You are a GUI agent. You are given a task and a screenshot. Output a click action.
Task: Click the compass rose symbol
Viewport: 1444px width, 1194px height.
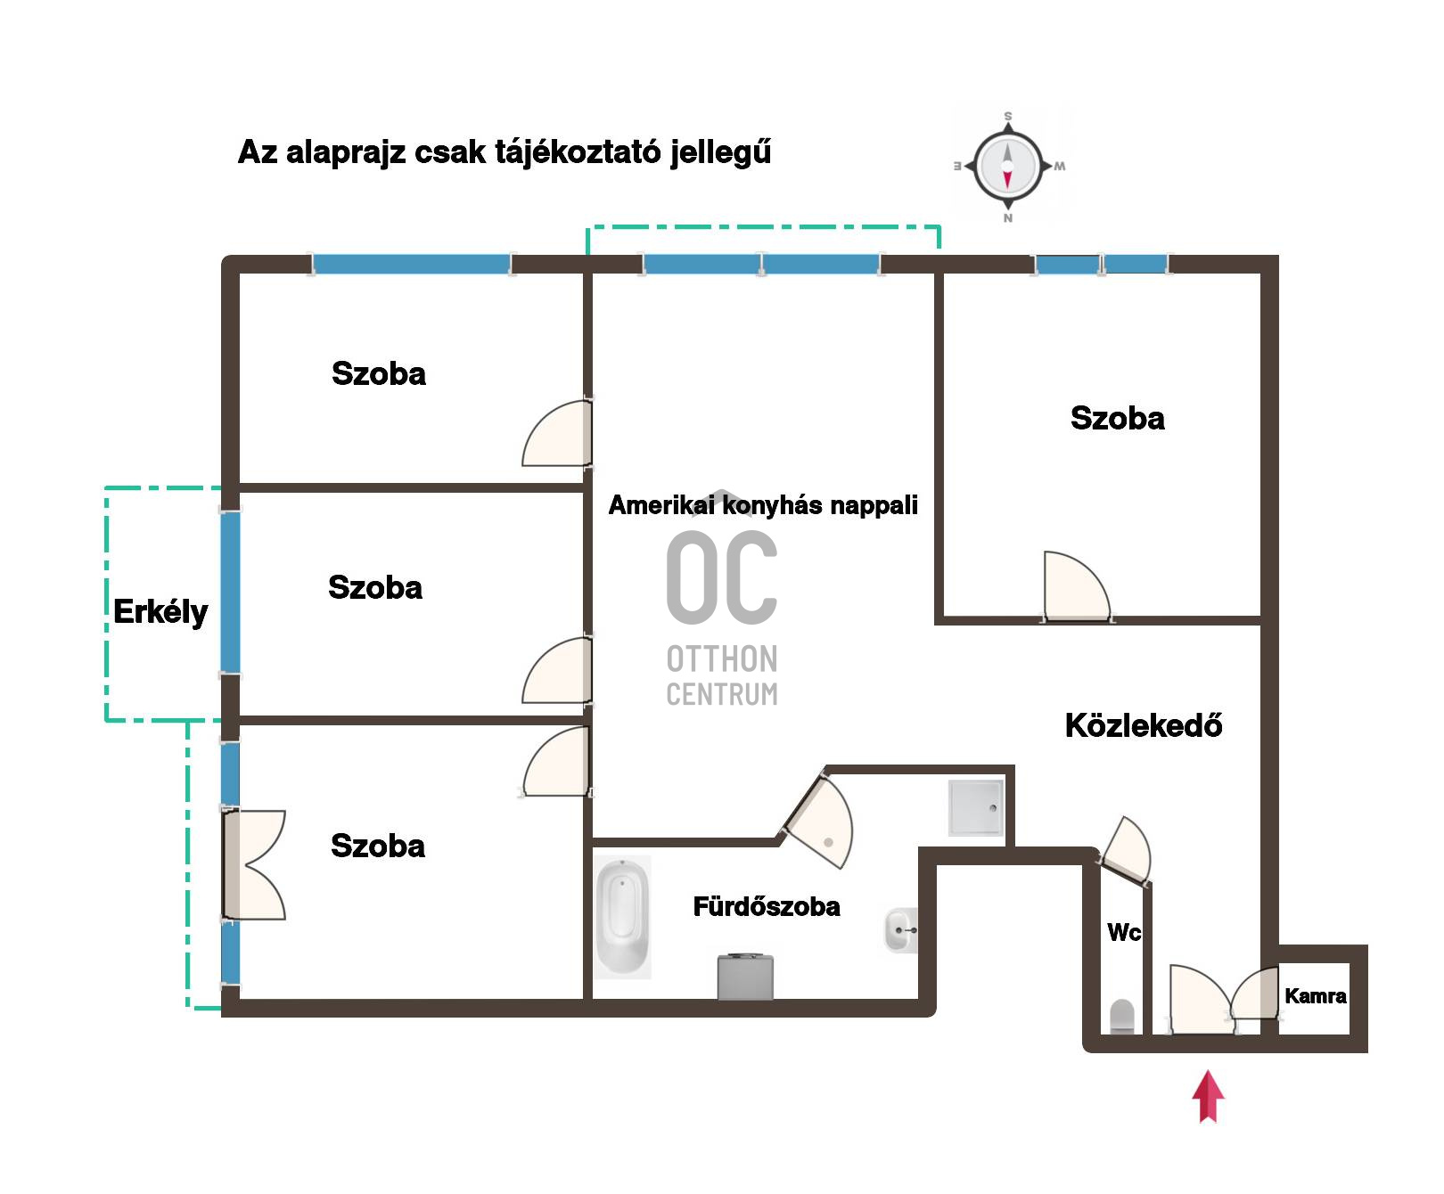(x=1008, y=167)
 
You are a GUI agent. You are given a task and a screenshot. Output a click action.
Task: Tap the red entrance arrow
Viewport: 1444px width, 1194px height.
(x=1208, y=1096)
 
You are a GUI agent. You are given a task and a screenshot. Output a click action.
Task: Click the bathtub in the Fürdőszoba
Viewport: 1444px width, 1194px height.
(x=622, y=917)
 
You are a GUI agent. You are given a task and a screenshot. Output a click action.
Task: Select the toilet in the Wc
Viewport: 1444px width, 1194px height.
(x=1122, y=1017)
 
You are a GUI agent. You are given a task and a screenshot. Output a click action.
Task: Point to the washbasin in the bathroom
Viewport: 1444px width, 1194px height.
(x=900, y=930)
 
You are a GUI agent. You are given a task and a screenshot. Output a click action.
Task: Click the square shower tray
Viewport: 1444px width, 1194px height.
(x=976, y=808)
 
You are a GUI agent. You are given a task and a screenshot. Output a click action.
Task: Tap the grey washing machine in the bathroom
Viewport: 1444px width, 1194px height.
(x=745, y=977)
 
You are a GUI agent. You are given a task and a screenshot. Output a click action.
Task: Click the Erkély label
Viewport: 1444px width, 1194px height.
(x=160, y=612)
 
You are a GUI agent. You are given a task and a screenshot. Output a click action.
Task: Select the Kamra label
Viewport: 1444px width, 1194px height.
(x=1316, y=996)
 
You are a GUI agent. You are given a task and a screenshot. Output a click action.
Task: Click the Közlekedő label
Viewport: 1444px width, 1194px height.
(x=1144, y=725)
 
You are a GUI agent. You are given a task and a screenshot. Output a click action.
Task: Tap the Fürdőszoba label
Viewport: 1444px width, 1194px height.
(x=767, y=906)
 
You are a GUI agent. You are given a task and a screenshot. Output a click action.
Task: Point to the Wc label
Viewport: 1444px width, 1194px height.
(x=1124, y=932)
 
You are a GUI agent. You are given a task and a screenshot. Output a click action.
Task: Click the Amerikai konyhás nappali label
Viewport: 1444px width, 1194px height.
(x=763, y=505)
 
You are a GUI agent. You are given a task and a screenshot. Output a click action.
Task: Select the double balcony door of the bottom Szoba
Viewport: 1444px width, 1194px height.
(x=254, y=864)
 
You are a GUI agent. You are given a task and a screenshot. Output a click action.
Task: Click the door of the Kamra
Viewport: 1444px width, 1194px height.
(x=1255, y=993)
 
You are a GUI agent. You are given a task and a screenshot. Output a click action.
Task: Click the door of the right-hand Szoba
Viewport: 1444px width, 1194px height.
(x=1077, y=585)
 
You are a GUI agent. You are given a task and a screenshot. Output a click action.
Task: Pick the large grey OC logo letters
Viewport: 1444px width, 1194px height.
(x=722, y=577)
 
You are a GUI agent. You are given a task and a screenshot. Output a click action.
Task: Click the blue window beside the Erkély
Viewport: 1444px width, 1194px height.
(x=230, y=593)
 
